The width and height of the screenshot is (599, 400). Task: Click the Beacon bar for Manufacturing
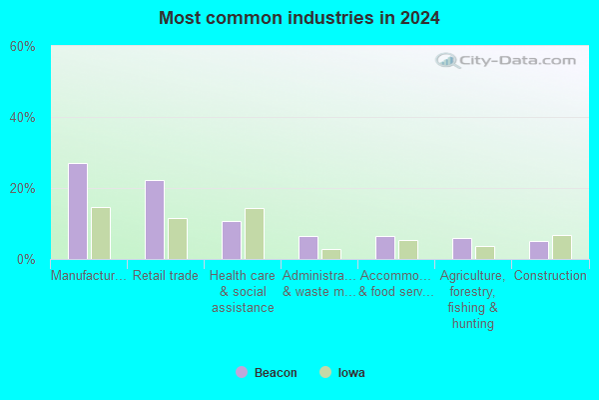(78, 211)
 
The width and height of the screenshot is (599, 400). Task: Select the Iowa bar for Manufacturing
(101, 233)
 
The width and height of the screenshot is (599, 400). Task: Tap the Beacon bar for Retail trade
(155, 220)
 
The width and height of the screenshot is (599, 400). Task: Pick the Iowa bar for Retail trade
(178, 239)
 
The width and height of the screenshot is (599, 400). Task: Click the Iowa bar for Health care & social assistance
(255, 234)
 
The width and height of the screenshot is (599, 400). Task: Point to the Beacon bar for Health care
(232, 240)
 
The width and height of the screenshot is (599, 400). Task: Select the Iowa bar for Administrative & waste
(331, 255)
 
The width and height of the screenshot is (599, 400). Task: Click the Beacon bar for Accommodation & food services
(385, 248)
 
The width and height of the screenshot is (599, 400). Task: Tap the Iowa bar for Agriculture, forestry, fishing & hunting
(485, 253)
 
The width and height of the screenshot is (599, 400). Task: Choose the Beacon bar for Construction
(539, 250)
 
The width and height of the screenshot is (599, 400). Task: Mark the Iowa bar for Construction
(561, 247)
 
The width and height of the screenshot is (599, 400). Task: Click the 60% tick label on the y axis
(23, 47)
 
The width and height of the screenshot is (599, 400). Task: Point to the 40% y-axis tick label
(23, 118)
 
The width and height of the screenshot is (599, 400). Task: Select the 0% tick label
(26, 260)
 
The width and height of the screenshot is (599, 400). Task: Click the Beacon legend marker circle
(242, 372)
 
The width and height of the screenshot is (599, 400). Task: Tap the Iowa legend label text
(351, 372)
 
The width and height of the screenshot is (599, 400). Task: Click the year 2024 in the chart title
(420, 18)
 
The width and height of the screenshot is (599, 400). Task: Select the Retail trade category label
(166, 276)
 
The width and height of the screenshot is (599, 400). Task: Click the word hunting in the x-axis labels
(473, 324)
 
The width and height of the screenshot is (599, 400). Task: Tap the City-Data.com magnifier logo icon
(447, 61)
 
